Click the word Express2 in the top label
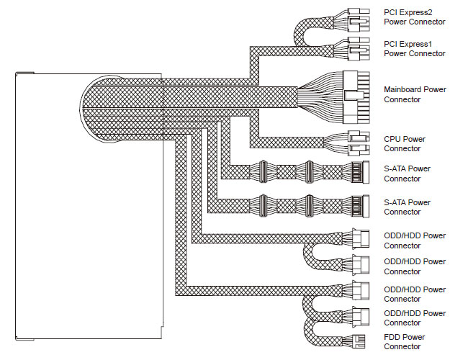415,12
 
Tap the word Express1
415,44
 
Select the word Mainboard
402,89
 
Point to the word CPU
391,139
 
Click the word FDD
391,337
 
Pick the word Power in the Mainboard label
435,89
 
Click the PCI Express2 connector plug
359,19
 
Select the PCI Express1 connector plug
359,48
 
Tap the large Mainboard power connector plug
356,97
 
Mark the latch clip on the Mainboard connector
354,96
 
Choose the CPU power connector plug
359,143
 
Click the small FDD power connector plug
359,341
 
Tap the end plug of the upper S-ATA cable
361,172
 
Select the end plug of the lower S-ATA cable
361,206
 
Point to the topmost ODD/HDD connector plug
361,239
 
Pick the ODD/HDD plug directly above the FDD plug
361,317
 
